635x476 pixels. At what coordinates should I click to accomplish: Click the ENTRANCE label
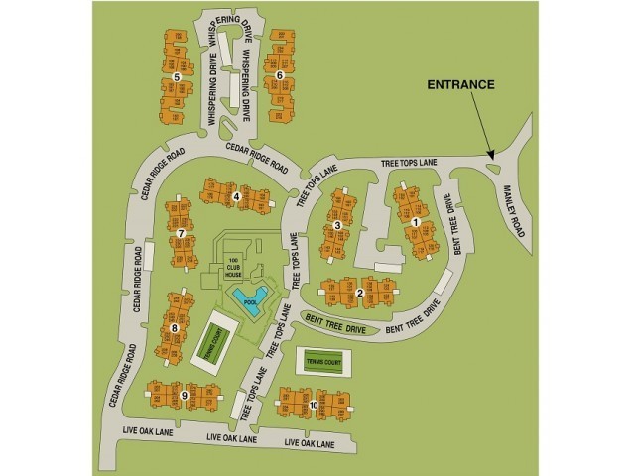tap(460, 85)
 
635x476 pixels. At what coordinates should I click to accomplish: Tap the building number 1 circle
tap(415, 223)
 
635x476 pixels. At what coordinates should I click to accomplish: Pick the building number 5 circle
tap(281, 75)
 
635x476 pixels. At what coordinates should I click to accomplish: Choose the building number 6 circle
tap(182, 234)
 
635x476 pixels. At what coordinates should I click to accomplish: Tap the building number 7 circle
tap(174, 327)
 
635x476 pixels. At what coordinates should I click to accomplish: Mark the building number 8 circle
tap(185, 396)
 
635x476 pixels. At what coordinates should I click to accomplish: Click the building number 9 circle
tap(313, 405)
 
